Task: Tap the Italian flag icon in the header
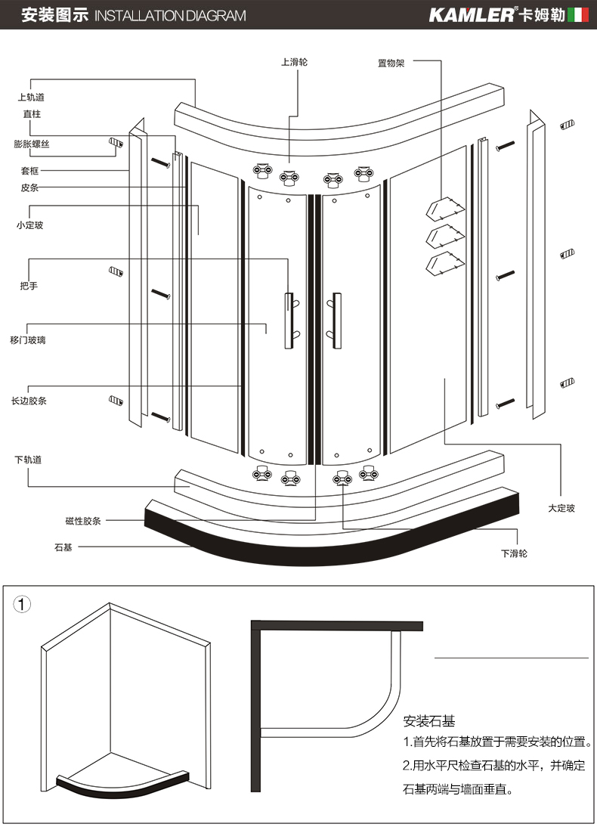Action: point(578,15)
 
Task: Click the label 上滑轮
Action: point(294,62)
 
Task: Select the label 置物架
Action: point(391,63)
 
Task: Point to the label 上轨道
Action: point(31,98)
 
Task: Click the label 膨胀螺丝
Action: point(31,144)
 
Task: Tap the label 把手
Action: point(29,287)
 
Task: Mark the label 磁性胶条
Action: point(83,521)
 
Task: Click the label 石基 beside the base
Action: point(63,547)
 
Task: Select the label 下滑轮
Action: point(514,553)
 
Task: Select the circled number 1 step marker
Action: point(24,605)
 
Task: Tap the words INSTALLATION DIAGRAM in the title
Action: point(171,16)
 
